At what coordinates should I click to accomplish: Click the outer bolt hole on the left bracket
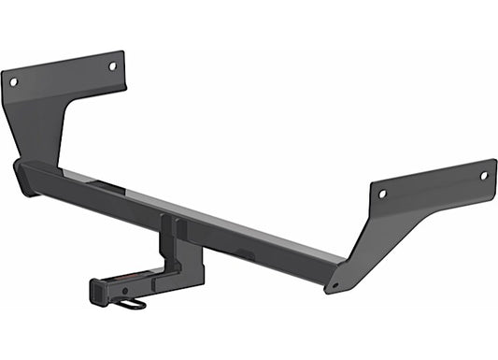click(x=13, y=82)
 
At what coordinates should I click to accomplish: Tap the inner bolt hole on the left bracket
click(x=112, y=66)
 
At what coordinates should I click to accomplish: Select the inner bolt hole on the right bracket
click(x=382, y=194)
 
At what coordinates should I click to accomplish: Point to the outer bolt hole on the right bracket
click(x=483, y=175)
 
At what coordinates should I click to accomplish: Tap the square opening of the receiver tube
click(x=99, y=291)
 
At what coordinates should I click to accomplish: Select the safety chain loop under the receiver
click(x=133, y=303)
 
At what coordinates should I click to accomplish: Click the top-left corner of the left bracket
click(x=3, y=73)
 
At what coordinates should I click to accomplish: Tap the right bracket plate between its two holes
click(x=433, y=184)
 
